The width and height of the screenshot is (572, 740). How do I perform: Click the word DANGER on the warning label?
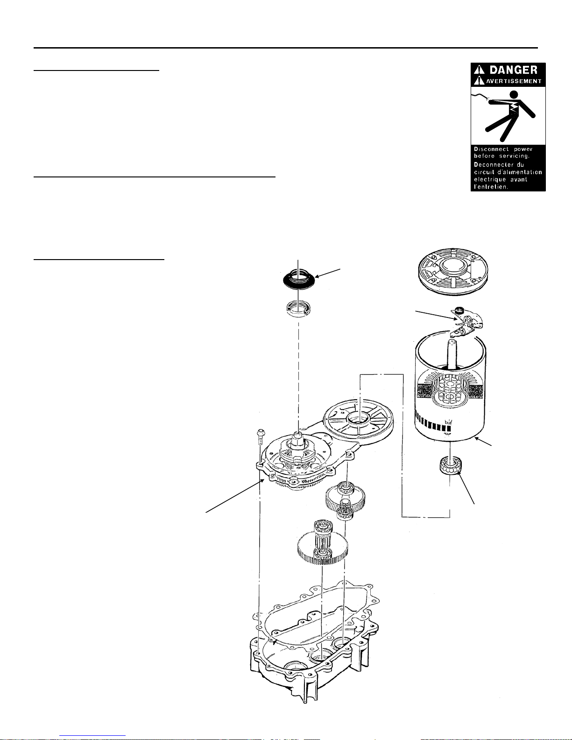513,70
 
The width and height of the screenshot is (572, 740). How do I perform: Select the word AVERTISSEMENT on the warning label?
514,81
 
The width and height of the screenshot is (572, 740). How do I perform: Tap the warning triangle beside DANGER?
479,70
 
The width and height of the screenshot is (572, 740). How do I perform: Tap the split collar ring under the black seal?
298,309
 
